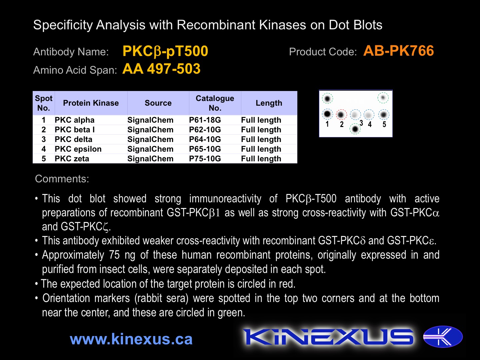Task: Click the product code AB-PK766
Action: coord(398,51)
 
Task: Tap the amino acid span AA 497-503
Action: coord(161,69)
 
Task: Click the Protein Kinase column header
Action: coord(91,103)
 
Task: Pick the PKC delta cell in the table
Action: coord(73,139)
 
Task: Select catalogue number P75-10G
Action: coord(205,158)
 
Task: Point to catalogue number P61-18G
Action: coord(205,120)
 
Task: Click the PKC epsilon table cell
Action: coord(78,149)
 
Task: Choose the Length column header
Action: coord(269,103)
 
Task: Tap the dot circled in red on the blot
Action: coord(341,115)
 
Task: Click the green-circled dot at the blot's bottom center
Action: coord(355,129)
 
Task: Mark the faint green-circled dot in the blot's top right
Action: coord(383,97)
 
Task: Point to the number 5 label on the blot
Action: coord(384,124)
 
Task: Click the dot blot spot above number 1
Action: coord(327,114)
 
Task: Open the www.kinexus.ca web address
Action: coord(131,339)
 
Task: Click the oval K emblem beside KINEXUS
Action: coord(443,337)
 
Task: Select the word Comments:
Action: coord(62,179)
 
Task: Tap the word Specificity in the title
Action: coord(63,25)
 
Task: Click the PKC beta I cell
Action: coord(75,130)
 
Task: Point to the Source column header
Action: coord(158,103)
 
